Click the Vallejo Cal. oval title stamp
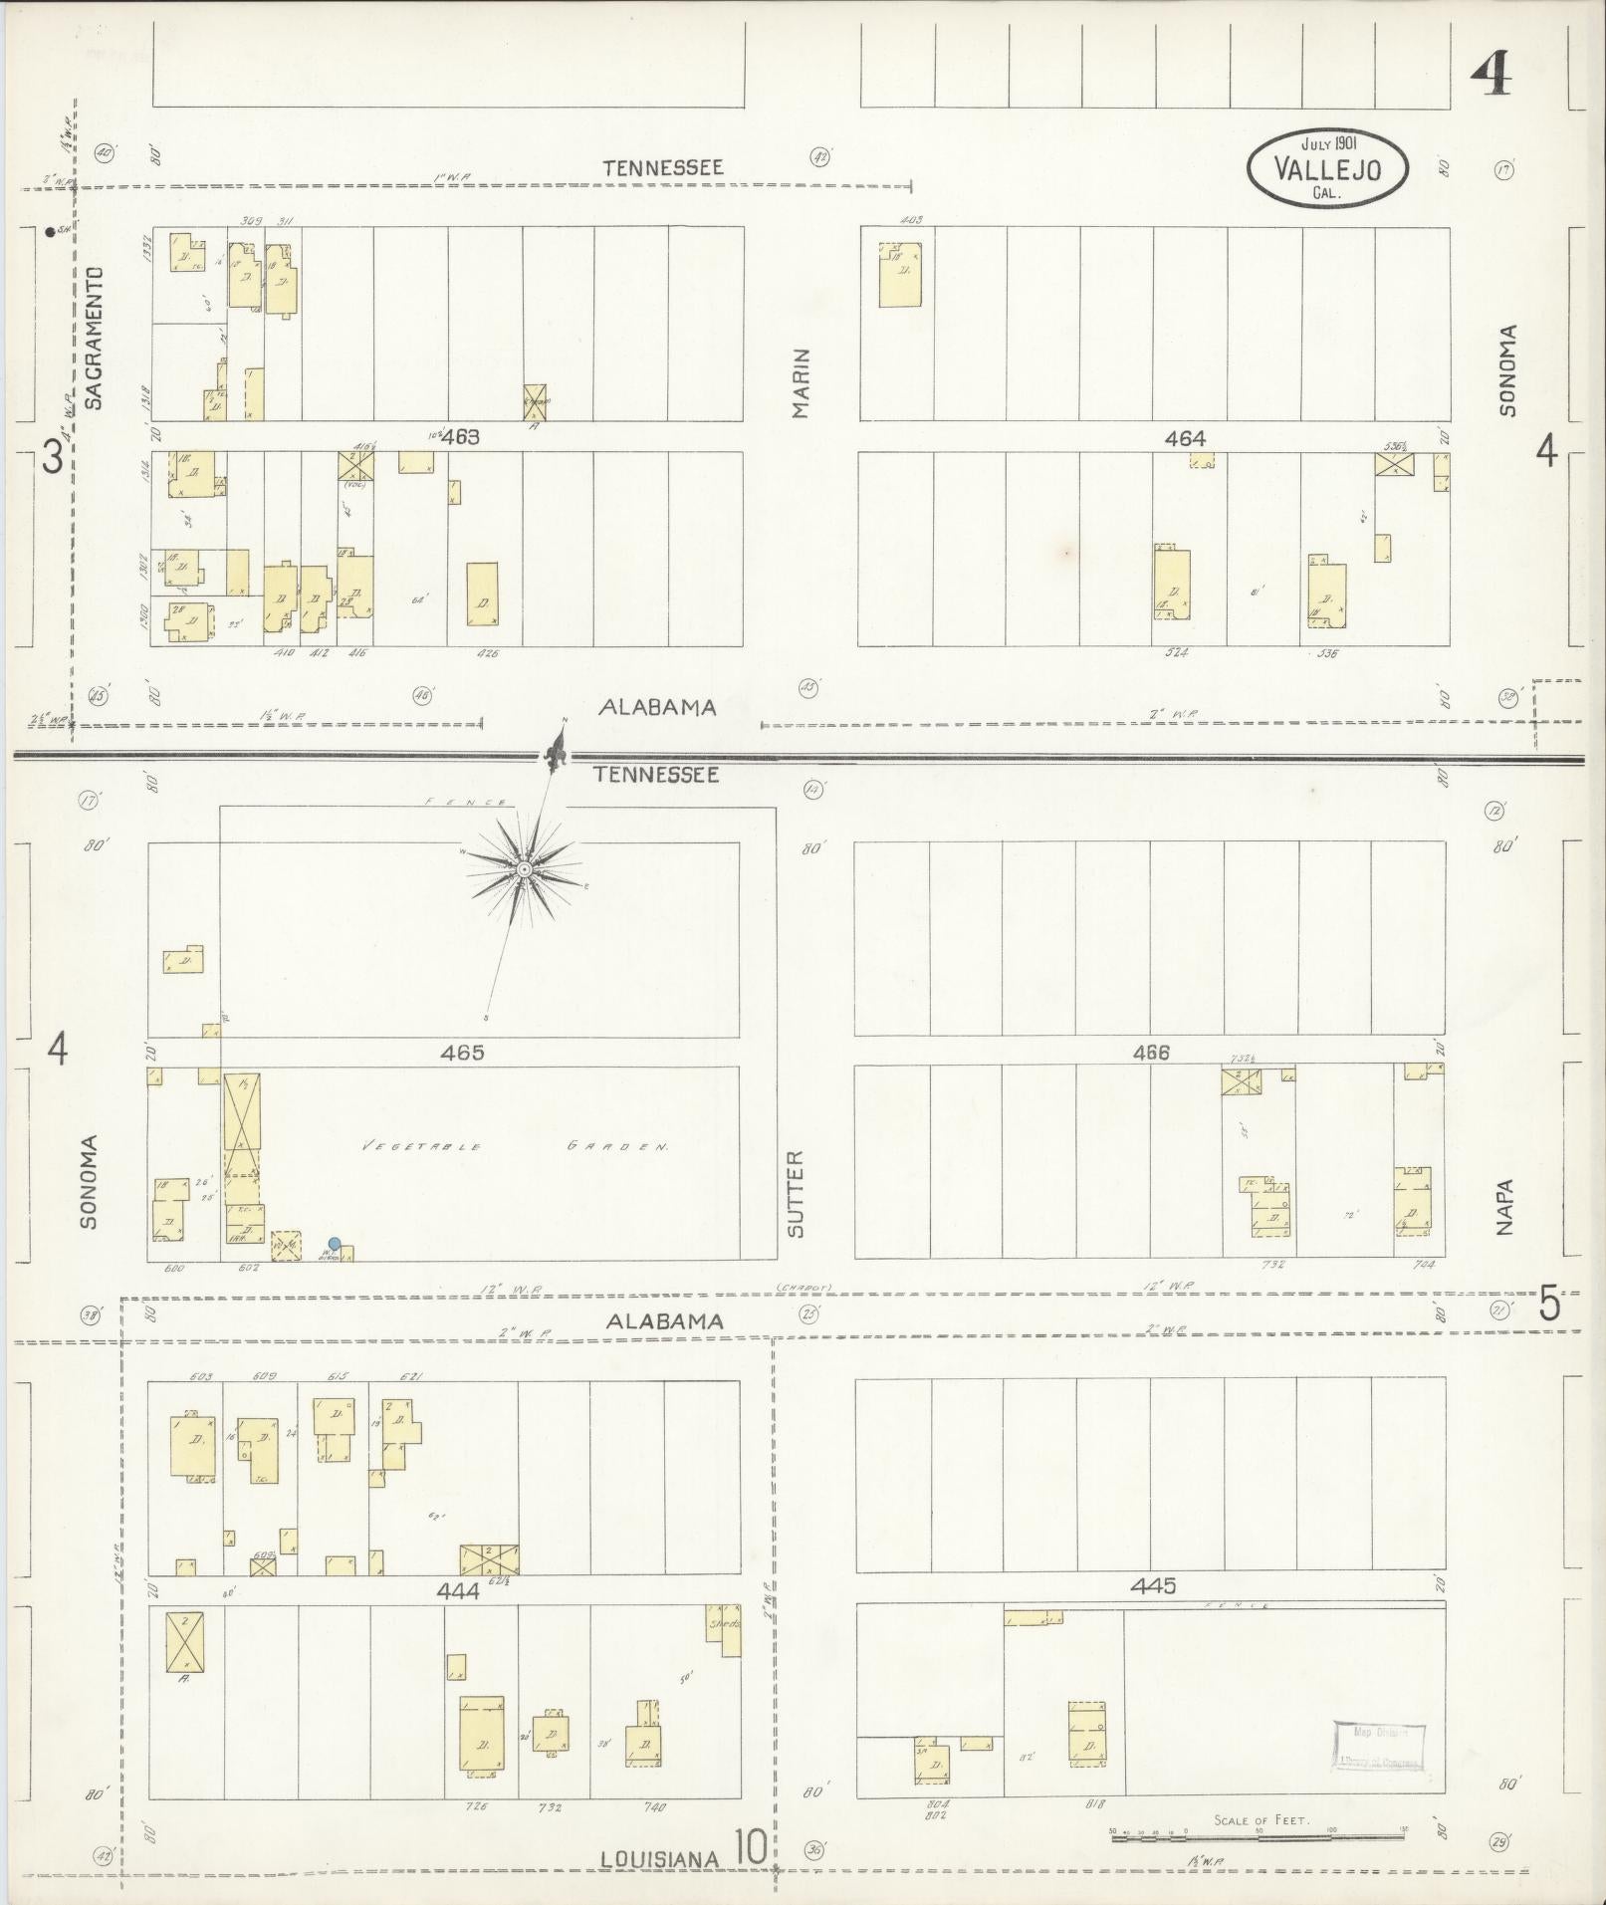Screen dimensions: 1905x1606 pos(1327,168)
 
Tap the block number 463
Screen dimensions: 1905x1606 pos(462,436)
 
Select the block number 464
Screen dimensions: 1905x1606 pos(1185,437)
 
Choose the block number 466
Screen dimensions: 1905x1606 pos(1151,1052)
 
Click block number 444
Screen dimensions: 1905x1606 pos(458,1590)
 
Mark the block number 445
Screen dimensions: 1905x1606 pos(1154,1584)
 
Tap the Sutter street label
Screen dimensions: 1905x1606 pos(795,1194)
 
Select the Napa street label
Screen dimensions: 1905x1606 pos(1503,1207)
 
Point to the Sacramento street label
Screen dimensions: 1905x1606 pos(95,338)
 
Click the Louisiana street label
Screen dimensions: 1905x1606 pos(661,1859)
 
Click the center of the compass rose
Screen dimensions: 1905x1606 pos(524,869)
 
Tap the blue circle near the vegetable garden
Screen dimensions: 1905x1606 pos(335,1243)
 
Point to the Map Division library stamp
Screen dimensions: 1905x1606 pos(1379,1746)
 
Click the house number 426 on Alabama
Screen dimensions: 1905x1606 pos(487,654)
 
